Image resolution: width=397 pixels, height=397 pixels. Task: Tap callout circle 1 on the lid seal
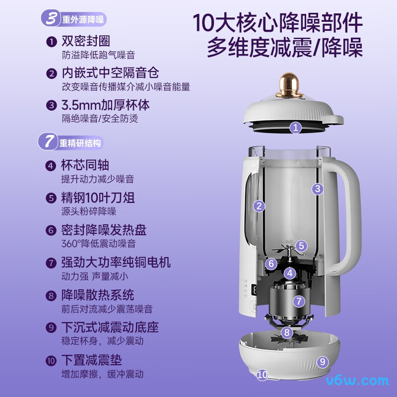tap(296, 128)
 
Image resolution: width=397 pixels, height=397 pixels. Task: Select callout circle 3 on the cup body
tap(318, 189)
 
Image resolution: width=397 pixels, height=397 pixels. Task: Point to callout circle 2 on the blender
tap(259, 206)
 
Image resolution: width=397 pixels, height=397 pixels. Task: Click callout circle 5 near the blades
tap(302, 245)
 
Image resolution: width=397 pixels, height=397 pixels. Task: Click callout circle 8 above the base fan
tap(286, 332)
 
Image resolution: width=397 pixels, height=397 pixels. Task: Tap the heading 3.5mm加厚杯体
tap(105, 105)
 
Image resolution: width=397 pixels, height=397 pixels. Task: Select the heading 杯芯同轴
tap(85, 165)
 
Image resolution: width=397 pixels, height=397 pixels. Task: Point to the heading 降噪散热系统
tap(98, 295)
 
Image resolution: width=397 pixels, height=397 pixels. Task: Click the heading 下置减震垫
tap(91, 360)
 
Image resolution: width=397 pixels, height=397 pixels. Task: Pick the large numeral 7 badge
tap(49, 142)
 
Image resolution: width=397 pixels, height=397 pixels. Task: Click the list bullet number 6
tap(51, 231)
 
